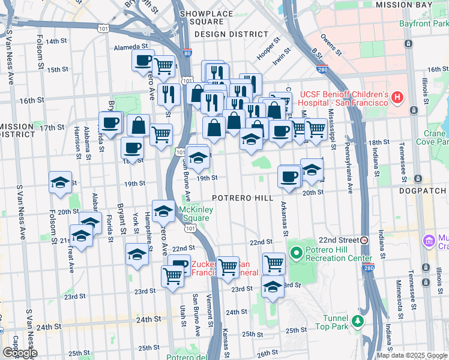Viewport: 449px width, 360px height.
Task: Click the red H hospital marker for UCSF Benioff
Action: pos(396,97)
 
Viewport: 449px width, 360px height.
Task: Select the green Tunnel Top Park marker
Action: pos(358,322)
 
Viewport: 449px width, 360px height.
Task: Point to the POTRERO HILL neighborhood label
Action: pos(243,198)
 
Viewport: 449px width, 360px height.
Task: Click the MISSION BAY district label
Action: pos(403,5)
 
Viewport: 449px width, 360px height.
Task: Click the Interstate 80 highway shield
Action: pos(187,53)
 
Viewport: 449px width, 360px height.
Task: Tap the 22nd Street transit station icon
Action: pos(364,240)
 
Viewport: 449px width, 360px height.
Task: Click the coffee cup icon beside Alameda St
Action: pos(143,60)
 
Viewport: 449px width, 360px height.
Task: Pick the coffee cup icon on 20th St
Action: pos(289,176)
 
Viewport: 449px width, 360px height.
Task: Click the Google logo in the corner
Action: pos(20,353)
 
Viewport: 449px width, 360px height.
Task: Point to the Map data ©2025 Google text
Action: pos(411,355)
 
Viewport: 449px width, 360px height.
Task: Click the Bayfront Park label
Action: pos(423,24)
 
